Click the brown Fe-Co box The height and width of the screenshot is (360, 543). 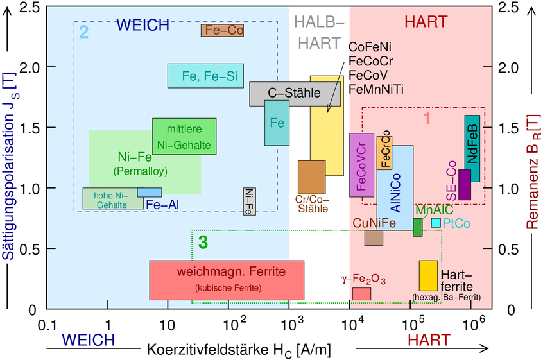[x=223, y=30]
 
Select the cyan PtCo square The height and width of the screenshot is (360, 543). [x=436, y=223]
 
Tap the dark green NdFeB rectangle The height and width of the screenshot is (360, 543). [x=472, y=148]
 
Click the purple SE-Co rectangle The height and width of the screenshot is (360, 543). [x=465, y=185]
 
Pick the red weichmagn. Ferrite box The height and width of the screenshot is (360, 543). [x=227, y=280]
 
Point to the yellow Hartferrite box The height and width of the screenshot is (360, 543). [x=428, y=275]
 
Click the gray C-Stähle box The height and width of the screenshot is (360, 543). [x=295, y=94]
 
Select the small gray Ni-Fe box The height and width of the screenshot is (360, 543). [x=250, y=201]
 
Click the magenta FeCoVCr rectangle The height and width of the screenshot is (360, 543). [x=361, y=165]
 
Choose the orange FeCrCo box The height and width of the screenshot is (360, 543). [x=384, y=153]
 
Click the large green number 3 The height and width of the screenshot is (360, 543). [x=203, y=243]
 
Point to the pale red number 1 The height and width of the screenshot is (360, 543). [x=426, y=119]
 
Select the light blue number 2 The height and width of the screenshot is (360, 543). [x=83, y=30]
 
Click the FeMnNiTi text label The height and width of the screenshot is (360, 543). [x=376, y=89]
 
